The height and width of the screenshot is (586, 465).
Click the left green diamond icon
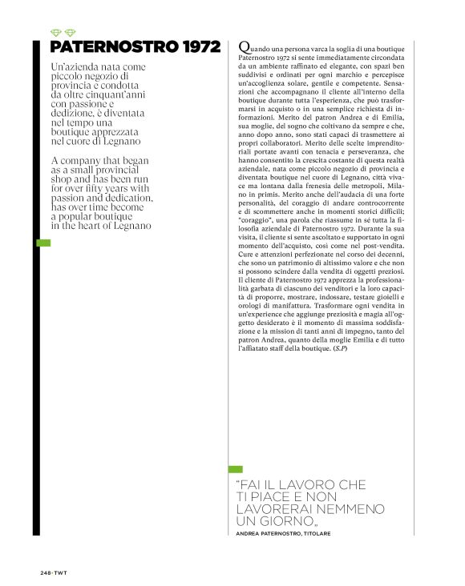coord(55,34)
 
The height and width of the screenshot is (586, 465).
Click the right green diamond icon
coord(70,34)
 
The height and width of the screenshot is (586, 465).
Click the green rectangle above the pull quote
coord(235,469)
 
